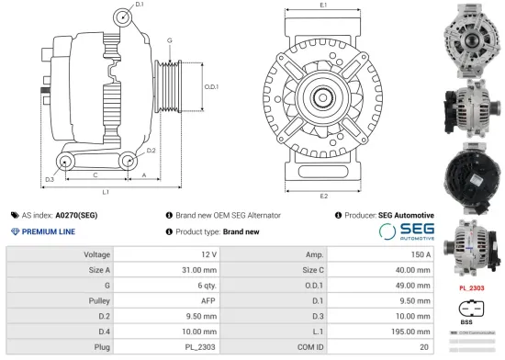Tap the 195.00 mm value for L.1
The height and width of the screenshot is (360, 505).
point(410,332)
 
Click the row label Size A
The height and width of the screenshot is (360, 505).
point(99,270)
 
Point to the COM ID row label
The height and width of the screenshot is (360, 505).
point(309,347)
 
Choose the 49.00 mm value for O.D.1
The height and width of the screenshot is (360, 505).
point(412,286)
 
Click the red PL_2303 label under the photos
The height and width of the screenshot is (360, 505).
point(471,288)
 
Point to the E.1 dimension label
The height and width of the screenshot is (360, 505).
point(323,6)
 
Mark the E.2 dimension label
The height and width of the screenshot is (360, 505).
point(324,197)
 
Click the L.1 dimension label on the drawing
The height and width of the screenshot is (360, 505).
point(107,192)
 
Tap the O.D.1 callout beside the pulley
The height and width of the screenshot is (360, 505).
point(210,87)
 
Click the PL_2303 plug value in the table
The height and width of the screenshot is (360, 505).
point(201,347)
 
